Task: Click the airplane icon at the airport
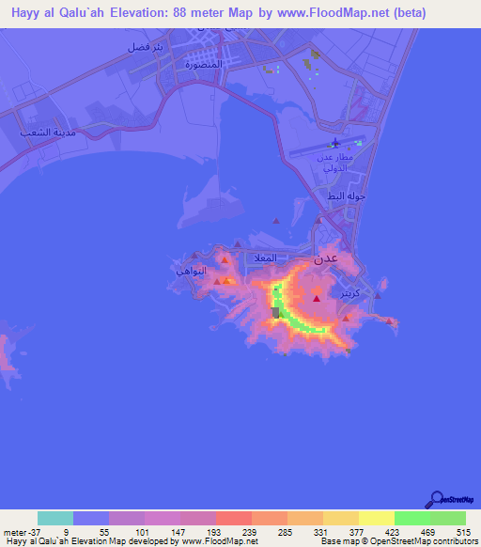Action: tap(335, 144)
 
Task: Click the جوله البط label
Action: tap(345, 196)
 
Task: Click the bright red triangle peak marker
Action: tap(317, 298)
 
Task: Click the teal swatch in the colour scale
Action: tap(55, 518)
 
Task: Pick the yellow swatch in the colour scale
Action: tap(376, 518)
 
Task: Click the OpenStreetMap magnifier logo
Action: tap(436, 499)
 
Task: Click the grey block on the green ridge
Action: tap(275, 312)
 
